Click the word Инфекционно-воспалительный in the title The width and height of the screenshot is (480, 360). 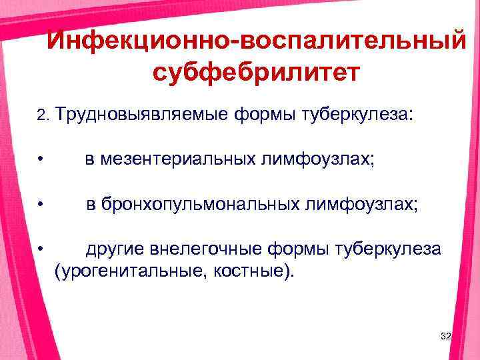coord(257,42)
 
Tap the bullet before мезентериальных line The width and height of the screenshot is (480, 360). coord(41,161)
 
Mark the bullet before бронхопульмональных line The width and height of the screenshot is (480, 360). coord(41,205)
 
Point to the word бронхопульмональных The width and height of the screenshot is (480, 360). coord(201,205)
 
